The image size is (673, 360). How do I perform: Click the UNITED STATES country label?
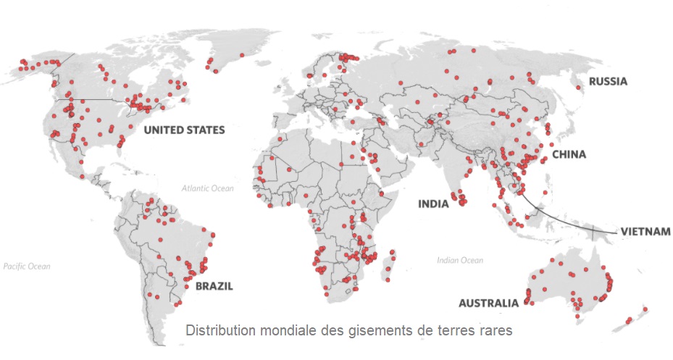184,130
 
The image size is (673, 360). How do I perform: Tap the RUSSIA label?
607,81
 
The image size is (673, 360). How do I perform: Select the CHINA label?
569,154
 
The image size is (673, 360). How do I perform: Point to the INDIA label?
433,204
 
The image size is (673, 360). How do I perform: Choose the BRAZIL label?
214,286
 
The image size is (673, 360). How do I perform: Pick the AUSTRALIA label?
489,303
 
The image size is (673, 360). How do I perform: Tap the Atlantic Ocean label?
208,188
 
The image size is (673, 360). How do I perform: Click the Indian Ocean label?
459,260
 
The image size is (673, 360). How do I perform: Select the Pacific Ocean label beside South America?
27,267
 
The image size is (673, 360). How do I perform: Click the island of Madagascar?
392,264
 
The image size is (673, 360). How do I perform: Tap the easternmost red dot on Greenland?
241,55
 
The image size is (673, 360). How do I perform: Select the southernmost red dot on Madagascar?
388,278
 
